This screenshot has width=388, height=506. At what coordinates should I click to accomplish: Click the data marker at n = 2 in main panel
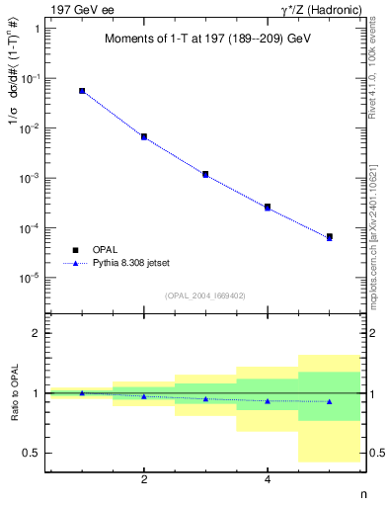[x=144, y=136]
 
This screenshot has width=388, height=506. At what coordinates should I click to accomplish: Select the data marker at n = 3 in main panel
[x=205, y=174]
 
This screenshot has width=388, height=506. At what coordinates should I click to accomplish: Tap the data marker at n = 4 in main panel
[x=268, y=207]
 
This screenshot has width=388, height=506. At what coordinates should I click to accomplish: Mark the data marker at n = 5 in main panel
[x=329, y=237]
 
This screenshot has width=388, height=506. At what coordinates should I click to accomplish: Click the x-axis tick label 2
[x=144, y=479]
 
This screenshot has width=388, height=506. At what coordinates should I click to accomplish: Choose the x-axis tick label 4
[x=268, y=479]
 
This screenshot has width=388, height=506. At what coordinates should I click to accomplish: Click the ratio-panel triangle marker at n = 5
[x=329, y=401]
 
